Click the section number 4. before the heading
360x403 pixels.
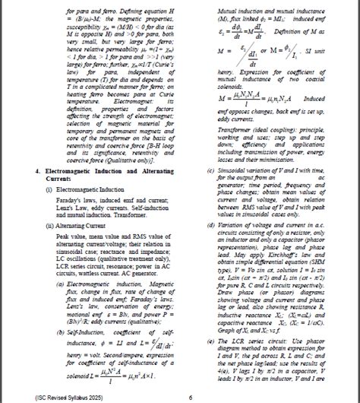pos(39,173)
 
